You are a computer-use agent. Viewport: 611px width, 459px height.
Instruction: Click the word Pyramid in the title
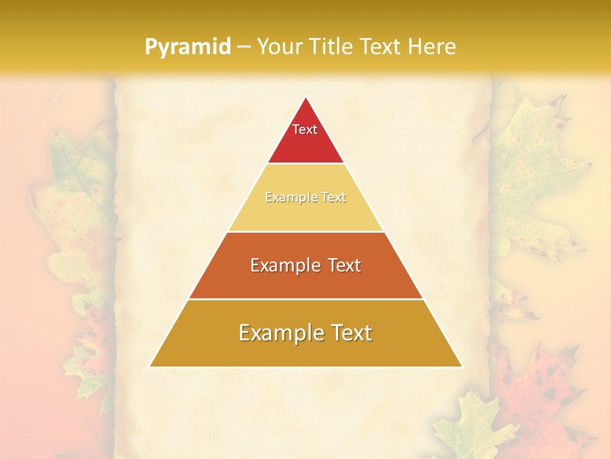pos(187,47)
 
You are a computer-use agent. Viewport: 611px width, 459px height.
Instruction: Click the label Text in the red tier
pos(305,129)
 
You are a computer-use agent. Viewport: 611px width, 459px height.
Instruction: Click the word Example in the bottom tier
pos(280,333)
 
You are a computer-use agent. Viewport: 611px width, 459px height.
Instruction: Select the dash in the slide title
pos(244,47)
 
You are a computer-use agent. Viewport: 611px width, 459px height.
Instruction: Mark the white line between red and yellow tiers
pos(305,164)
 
